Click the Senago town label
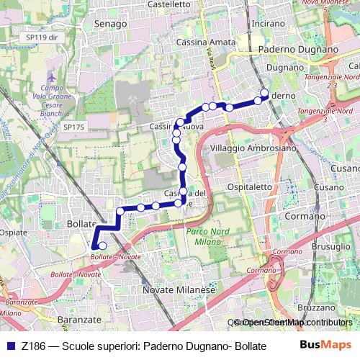pyautogui.click(x=110, y=24)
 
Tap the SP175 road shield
pyautogui.click(x=73, y=127)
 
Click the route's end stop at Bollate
pyautogui.click(x=102, y=246)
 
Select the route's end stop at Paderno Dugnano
pyautogui.click(x=264, y=93)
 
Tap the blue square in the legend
pyautogui.click(x=10, y=345)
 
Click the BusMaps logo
pyautogui.click(x=326, y=344)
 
